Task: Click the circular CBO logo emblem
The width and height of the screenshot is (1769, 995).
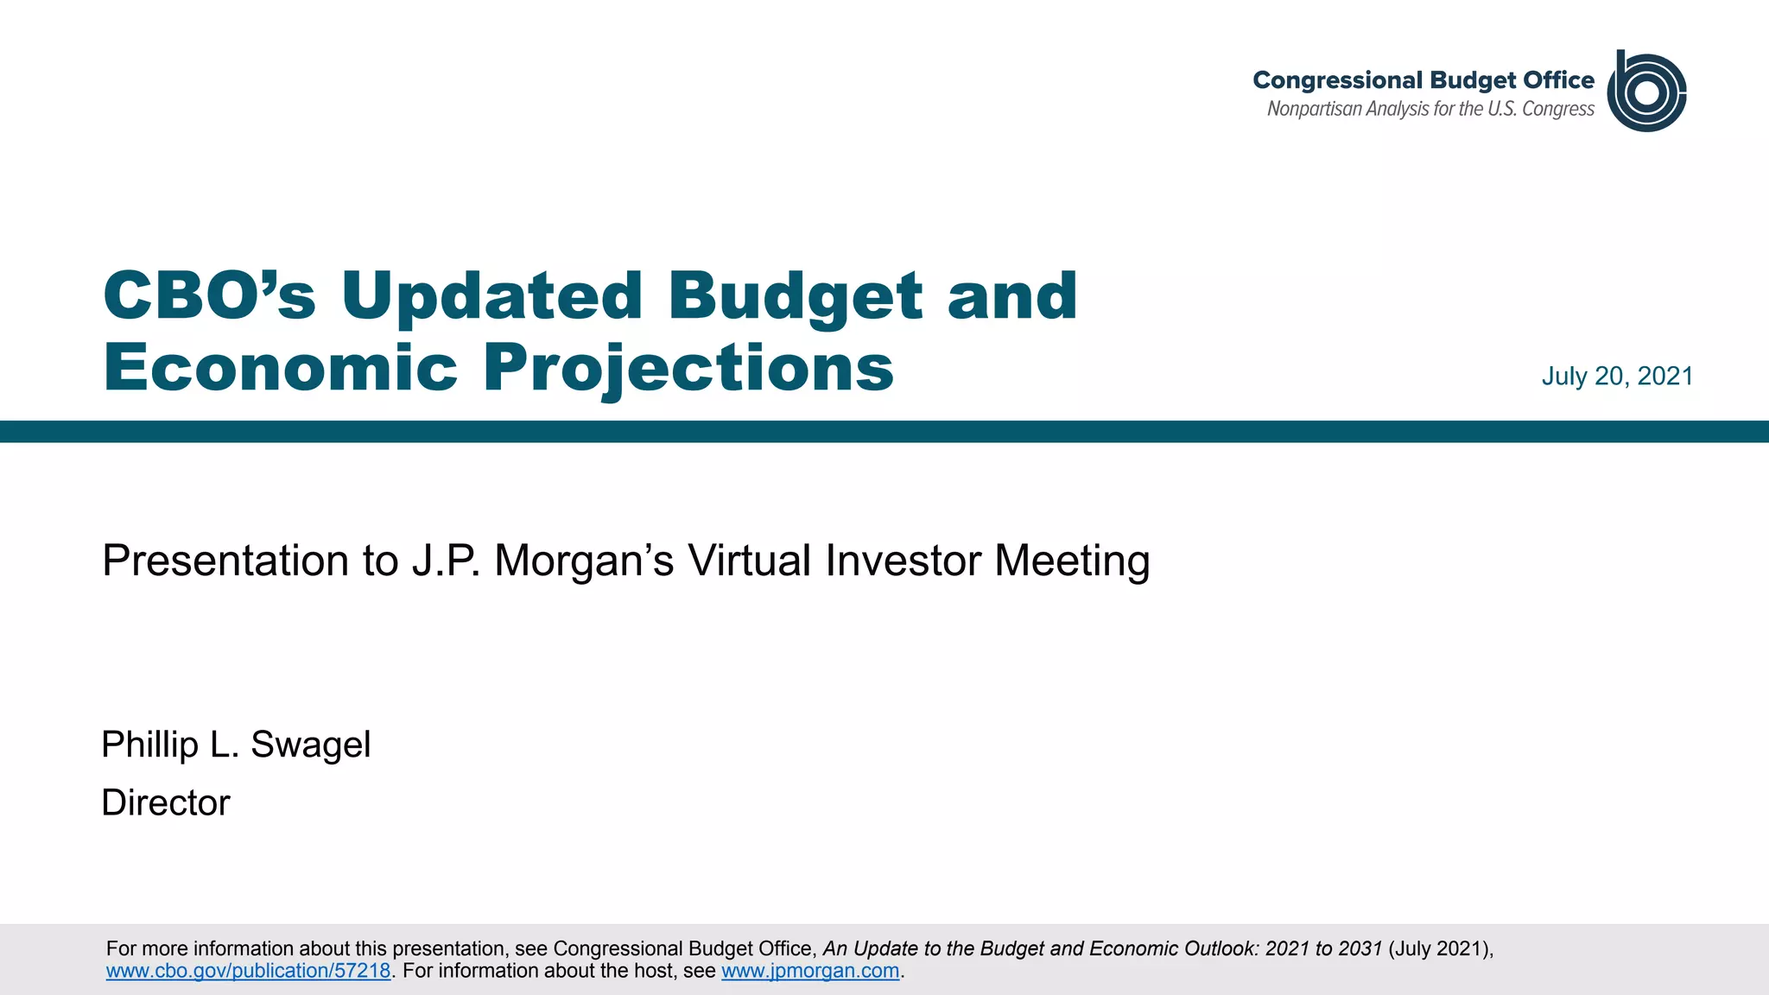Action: pos(1646,92)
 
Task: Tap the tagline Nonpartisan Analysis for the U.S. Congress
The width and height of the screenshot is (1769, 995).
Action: pos(1430,110)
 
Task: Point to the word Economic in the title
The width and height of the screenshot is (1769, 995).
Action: pos(280,368)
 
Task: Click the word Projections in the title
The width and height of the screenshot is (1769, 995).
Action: pos(688,368)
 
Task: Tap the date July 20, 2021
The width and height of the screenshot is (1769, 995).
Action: pos(1617,377)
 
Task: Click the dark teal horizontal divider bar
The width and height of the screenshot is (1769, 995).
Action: pos(884,432)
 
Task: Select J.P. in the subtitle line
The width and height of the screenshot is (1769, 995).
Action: pos(446,561)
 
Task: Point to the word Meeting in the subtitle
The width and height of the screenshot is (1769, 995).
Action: pos(1072,561)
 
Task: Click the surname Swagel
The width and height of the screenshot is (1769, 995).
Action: pos(310,745)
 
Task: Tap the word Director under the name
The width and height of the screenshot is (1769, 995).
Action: pos(166,803)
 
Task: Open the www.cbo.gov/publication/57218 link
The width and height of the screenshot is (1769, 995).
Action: pos(248,971)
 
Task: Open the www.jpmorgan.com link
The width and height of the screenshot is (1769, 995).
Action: pos(810,971)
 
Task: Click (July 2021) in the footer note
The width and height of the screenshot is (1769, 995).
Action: pos(1439,948)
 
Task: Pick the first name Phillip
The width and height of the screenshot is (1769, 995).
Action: pos(149,745)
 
